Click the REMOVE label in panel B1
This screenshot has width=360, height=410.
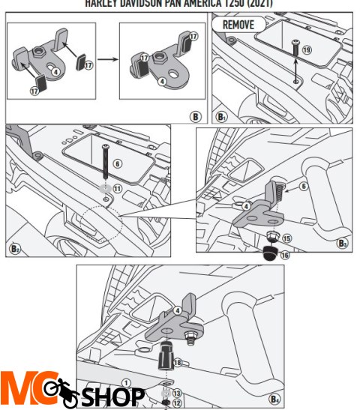[x=238, y=25]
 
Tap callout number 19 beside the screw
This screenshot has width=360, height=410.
[x=307, y=49]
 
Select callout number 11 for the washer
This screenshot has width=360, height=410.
[x=117, y=188]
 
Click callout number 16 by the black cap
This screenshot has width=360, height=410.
[x=285, y=255]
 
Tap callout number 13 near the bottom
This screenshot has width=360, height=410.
[x=177, y=393]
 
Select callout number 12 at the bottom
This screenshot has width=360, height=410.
[x=177, y=403]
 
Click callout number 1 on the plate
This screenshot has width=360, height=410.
[x=126, y=382]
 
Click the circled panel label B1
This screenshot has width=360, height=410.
[x=222, y=116]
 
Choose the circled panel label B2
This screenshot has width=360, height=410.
[x=14, y=249]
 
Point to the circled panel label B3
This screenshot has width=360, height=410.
[x=342, y=243]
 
